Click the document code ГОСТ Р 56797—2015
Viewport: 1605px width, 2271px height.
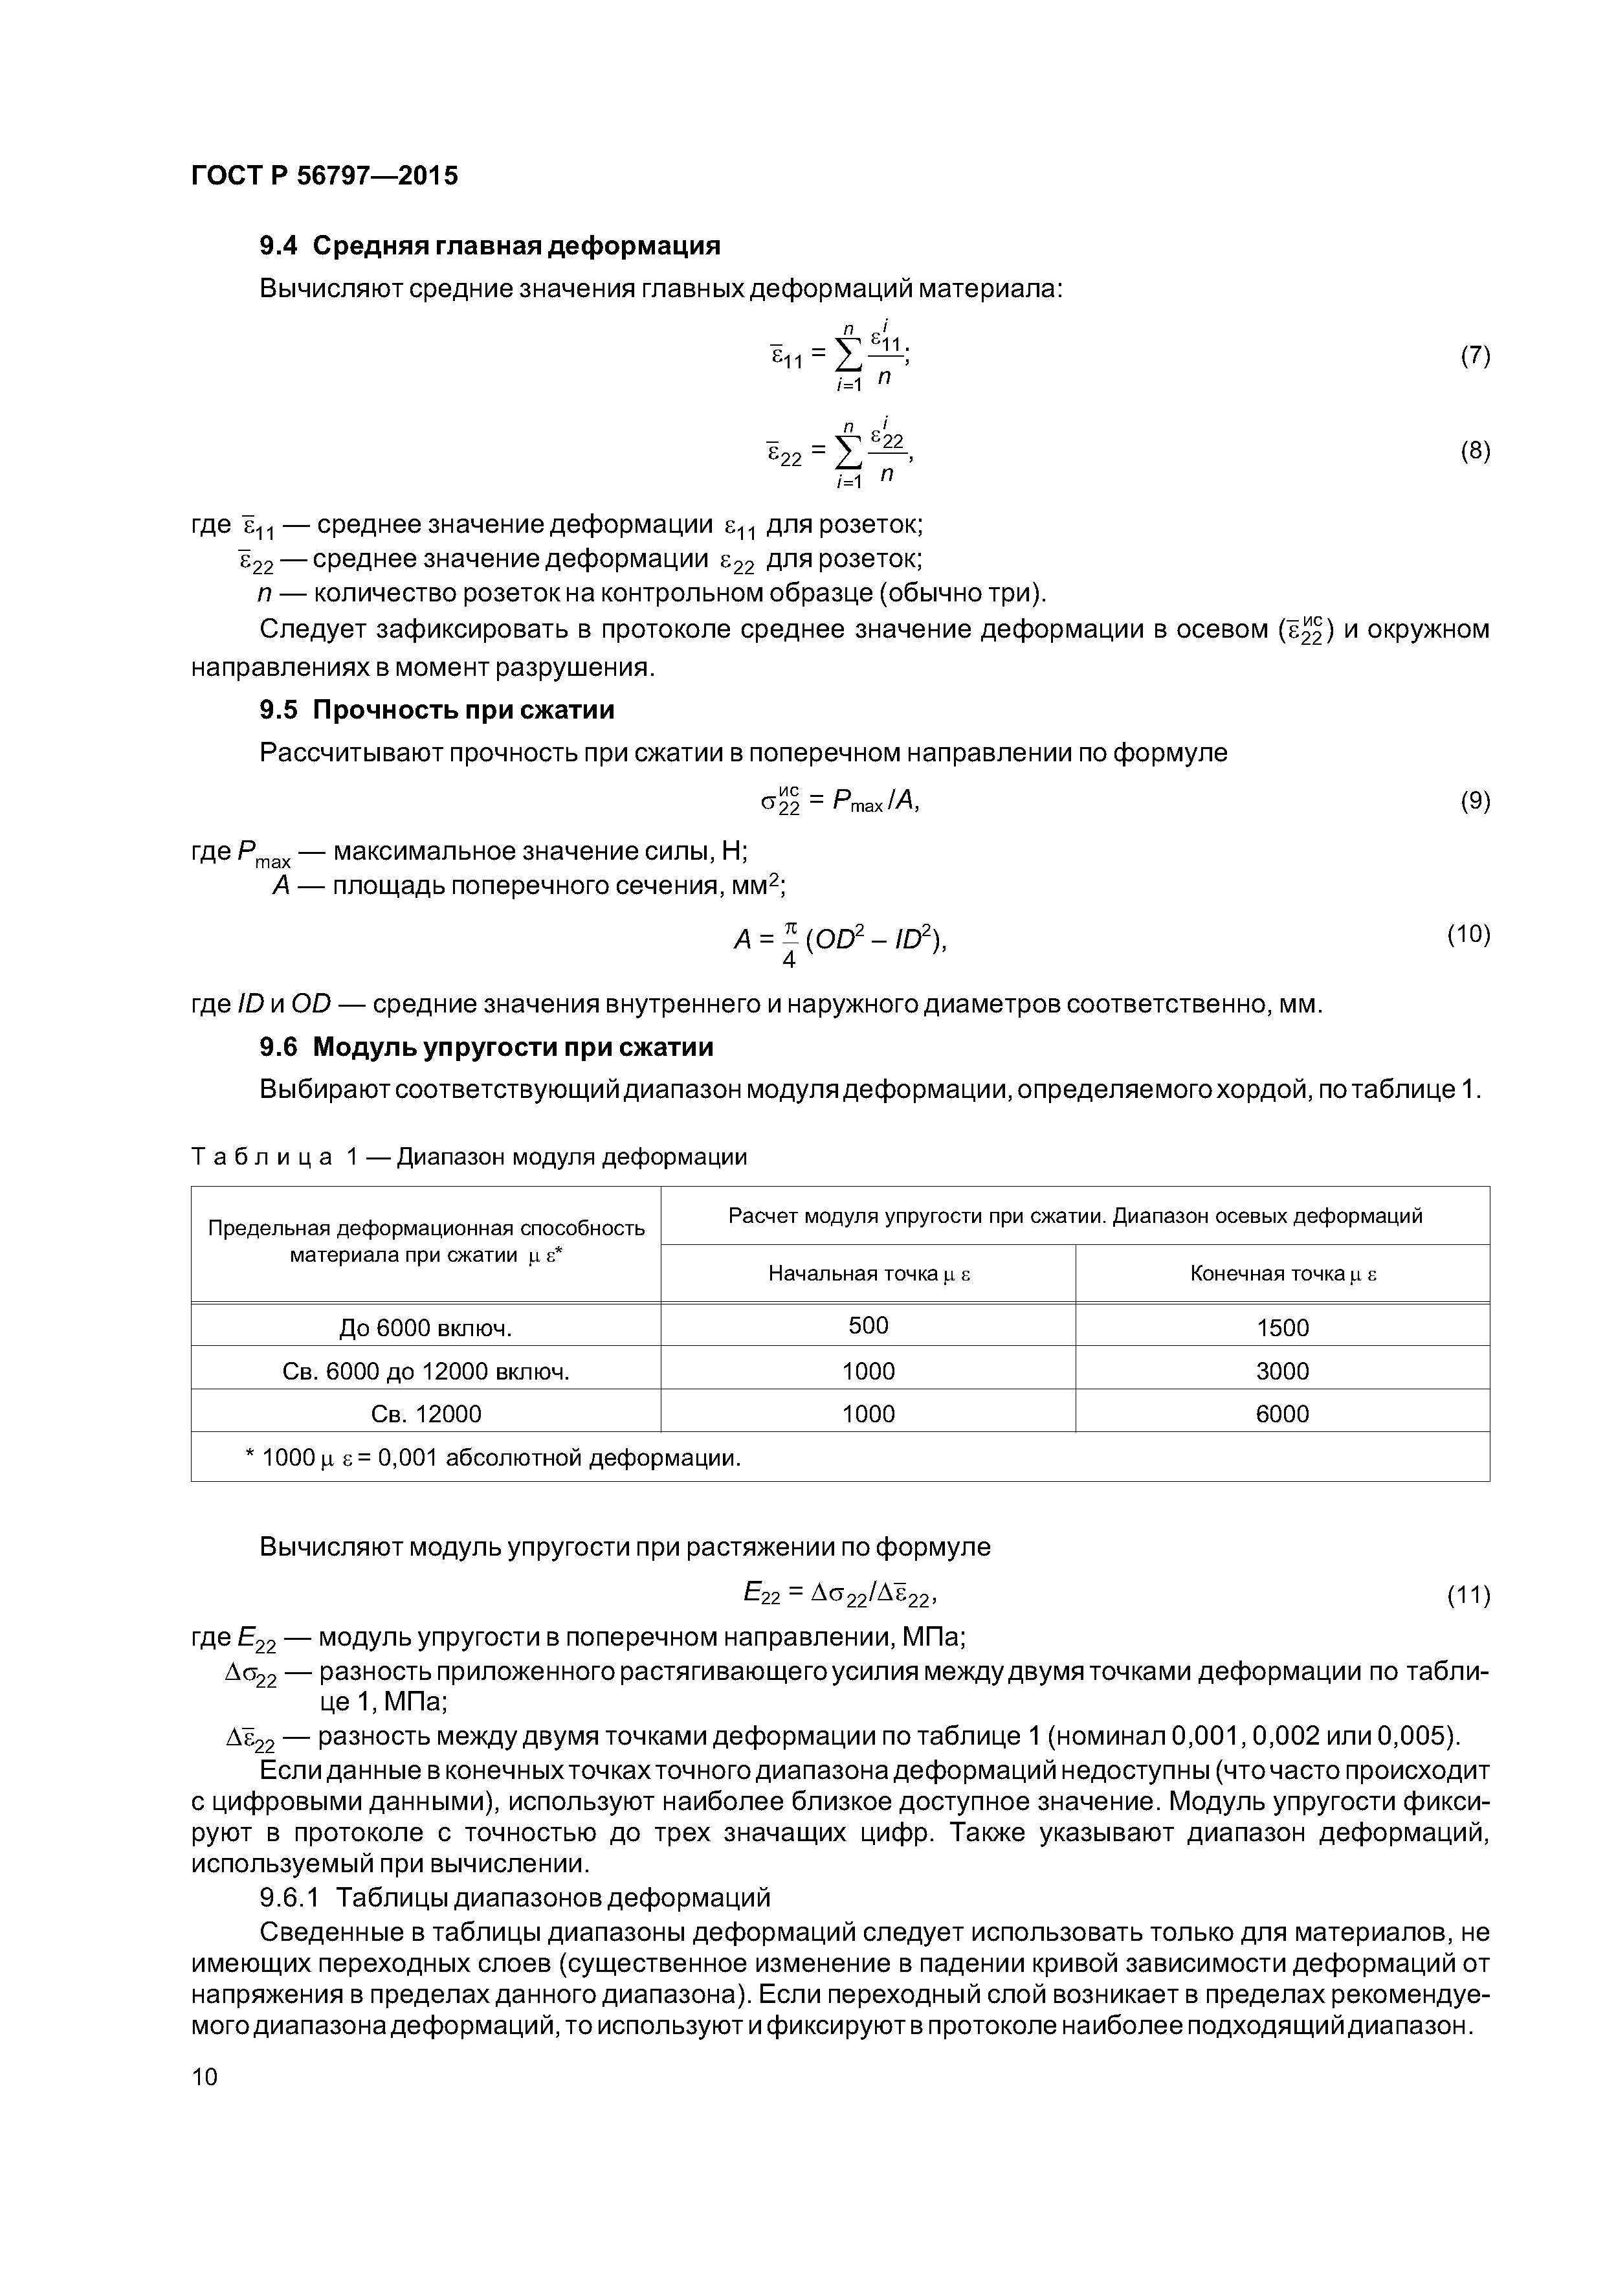[324, 176]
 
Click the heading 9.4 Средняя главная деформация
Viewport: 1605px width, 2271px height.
[489, 245]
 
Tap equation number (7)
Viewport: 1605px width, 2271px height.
[1474, 356]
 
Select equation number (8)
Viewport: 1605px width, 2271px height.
[1474, 451]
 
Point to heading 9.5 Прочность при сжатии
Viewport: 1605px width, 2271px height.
[436, 710]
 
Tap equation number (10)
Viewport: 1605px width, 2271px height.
[1468, 934]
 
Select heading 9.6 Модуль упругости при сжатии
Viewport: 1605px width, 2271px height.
[485, 1046]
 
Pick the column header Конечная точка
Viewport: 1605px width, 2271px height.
[1283, 1274]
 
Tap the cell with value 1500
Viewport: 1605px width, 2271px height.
[1283, 1327]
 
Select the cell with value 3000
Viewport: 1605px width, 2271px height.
[1283, 1371]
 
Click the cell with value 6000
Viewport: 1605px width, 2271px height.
[1283, 1413]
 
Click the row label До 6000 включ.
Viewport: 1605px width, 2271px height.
[425, 1327]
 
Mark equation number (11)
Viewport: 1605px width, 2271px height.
[1468, 1594]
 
